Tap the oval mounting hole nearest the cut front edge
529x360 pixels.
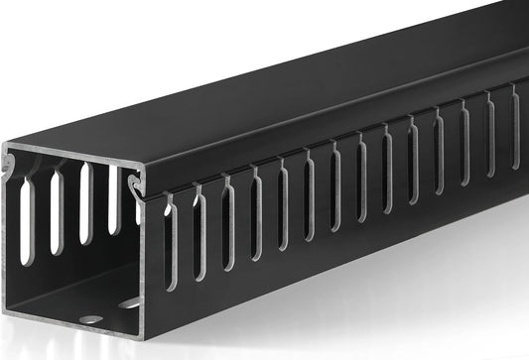90,319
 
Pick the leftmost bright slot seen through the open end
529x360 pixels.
27,218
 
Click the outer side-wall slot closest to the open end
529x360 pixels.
170,242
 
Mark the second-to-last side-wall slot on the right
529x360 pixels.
490,123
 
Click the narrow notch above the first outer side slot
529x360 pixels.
167,201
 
